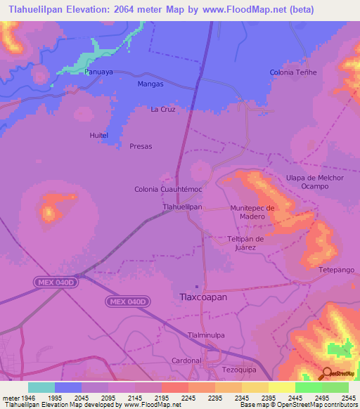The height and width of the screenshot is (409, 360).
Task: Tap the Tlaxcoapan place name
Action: point(201,297)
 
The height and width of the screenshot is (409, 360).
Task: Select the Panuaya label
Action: point(98,72)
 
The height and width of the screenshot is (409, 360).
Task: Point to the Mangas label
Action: point(150,84)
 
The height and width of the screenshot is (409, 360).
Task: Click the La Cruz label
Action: point(162,110)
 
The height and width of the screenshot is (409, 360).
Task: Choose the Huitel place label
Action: point(98,134)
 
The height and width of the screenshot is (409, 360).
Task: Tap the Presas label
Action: point(141,146)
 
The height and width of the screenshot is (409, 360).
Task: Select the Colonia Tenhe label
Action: point(293,72)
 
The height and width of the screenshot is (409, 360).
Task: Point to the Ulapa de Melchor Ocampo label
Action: point(315,181)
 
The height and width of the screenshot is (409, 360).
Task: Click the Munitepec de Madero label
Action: point(252,212)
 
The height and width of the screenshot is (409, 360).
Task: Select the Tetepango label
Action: point(337,269)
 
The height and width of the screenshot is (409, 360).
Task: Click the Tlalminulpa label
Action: point(207,335)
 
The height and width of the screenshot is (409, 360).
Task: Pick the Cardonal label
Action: point(186,360)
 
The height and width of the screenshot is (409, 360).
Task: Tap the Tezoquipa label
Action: point(241,369)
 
